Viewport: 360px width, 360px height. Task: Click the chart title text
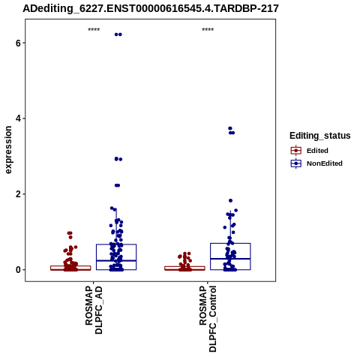pyautogui.click(x=151, y=9)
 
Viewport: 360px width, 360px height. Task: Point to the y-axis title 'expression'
pyautogui.click(x=8, y=150)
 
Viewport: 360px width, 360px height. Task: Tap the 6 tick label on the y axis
pyautogui.click(x=18, y=43)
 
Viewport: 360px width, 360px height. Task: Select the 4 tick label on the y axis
pyautogui.click(x=18, y=118)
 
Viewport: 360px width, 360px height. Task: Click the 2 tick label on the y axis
pyautogui.click(x=18, y=194)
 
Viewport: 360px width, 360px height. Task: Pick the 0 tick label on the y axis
pyautogui.click(x=18, y=270)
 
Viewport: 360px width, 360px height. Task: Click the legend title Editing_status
pyautogui.click(x=320, y=136)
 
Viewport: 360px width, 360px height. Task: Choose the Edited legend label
pyautogui.click(x=317, y=151)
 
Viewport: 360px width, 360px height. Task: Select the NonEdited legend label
pyautogui.click(x=325, y=163)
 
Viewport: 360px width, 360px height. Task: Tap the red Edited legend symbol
pyautogui.click(x=296, y=151)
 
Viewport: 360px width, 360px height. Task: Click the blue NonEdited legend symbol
pyautogui.click(x=296, y=163)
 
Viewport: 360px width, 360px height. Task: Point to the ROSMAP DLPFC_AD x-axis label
pyautogui.click(x=94, y=310)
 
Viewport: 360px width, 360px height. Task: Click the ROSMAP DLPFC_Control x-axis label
pyautogui.click(x=208, y=319)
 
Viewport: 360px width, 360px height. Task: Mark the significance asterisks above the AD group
pyautogui.click(x=94, y=30)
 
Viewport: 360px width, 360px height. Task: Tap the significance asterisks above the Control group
pyautogui.click(x=208, y=30)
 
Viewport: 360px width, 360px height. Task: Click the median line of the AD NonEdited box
pyautogui.click(x=116, y=261)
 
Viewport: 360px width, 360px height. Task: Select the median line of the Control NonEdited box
pyautogui.click(x=230, y=259)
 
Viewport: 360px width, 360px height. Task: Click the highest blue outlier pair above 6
pyautogui.click(x=118, y=34)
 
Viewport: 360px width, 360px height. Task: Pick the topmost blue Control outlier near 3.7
pyautogui.click(x=230, y=128)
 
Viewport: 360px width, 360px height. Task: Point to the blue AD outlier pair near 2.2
pyautogui.click(x=117, y=185)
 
